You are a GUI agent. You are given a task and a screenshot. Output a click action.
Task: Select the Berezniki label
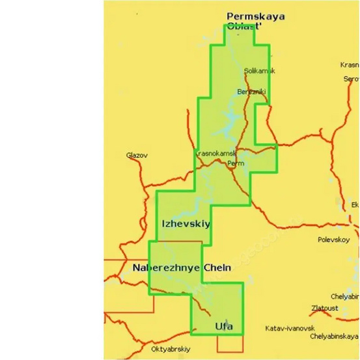point(251,92)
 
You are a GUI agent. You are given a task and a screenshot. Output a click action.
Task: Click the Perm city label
point(236,163)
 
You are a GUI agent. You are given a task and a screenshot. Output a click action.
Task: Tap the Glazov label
point(137,156)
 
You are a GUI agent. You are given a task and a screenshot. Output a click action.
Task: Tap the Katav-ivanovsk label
point(290,327)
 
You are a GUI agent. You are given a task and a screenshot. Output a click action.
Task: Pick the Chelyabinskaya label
point(335,337)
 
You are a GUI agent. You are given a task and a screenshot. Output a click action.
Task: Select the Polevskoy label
point(334,240)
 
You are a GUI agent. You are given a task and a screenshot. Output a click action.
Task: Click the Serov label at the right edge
point(351,79)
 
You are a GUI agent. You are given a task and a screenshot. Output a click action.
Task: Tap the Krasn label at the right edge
point(350,65)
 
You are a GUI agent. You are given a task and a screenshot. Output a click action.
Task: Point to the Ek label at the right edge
point(355,204)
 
